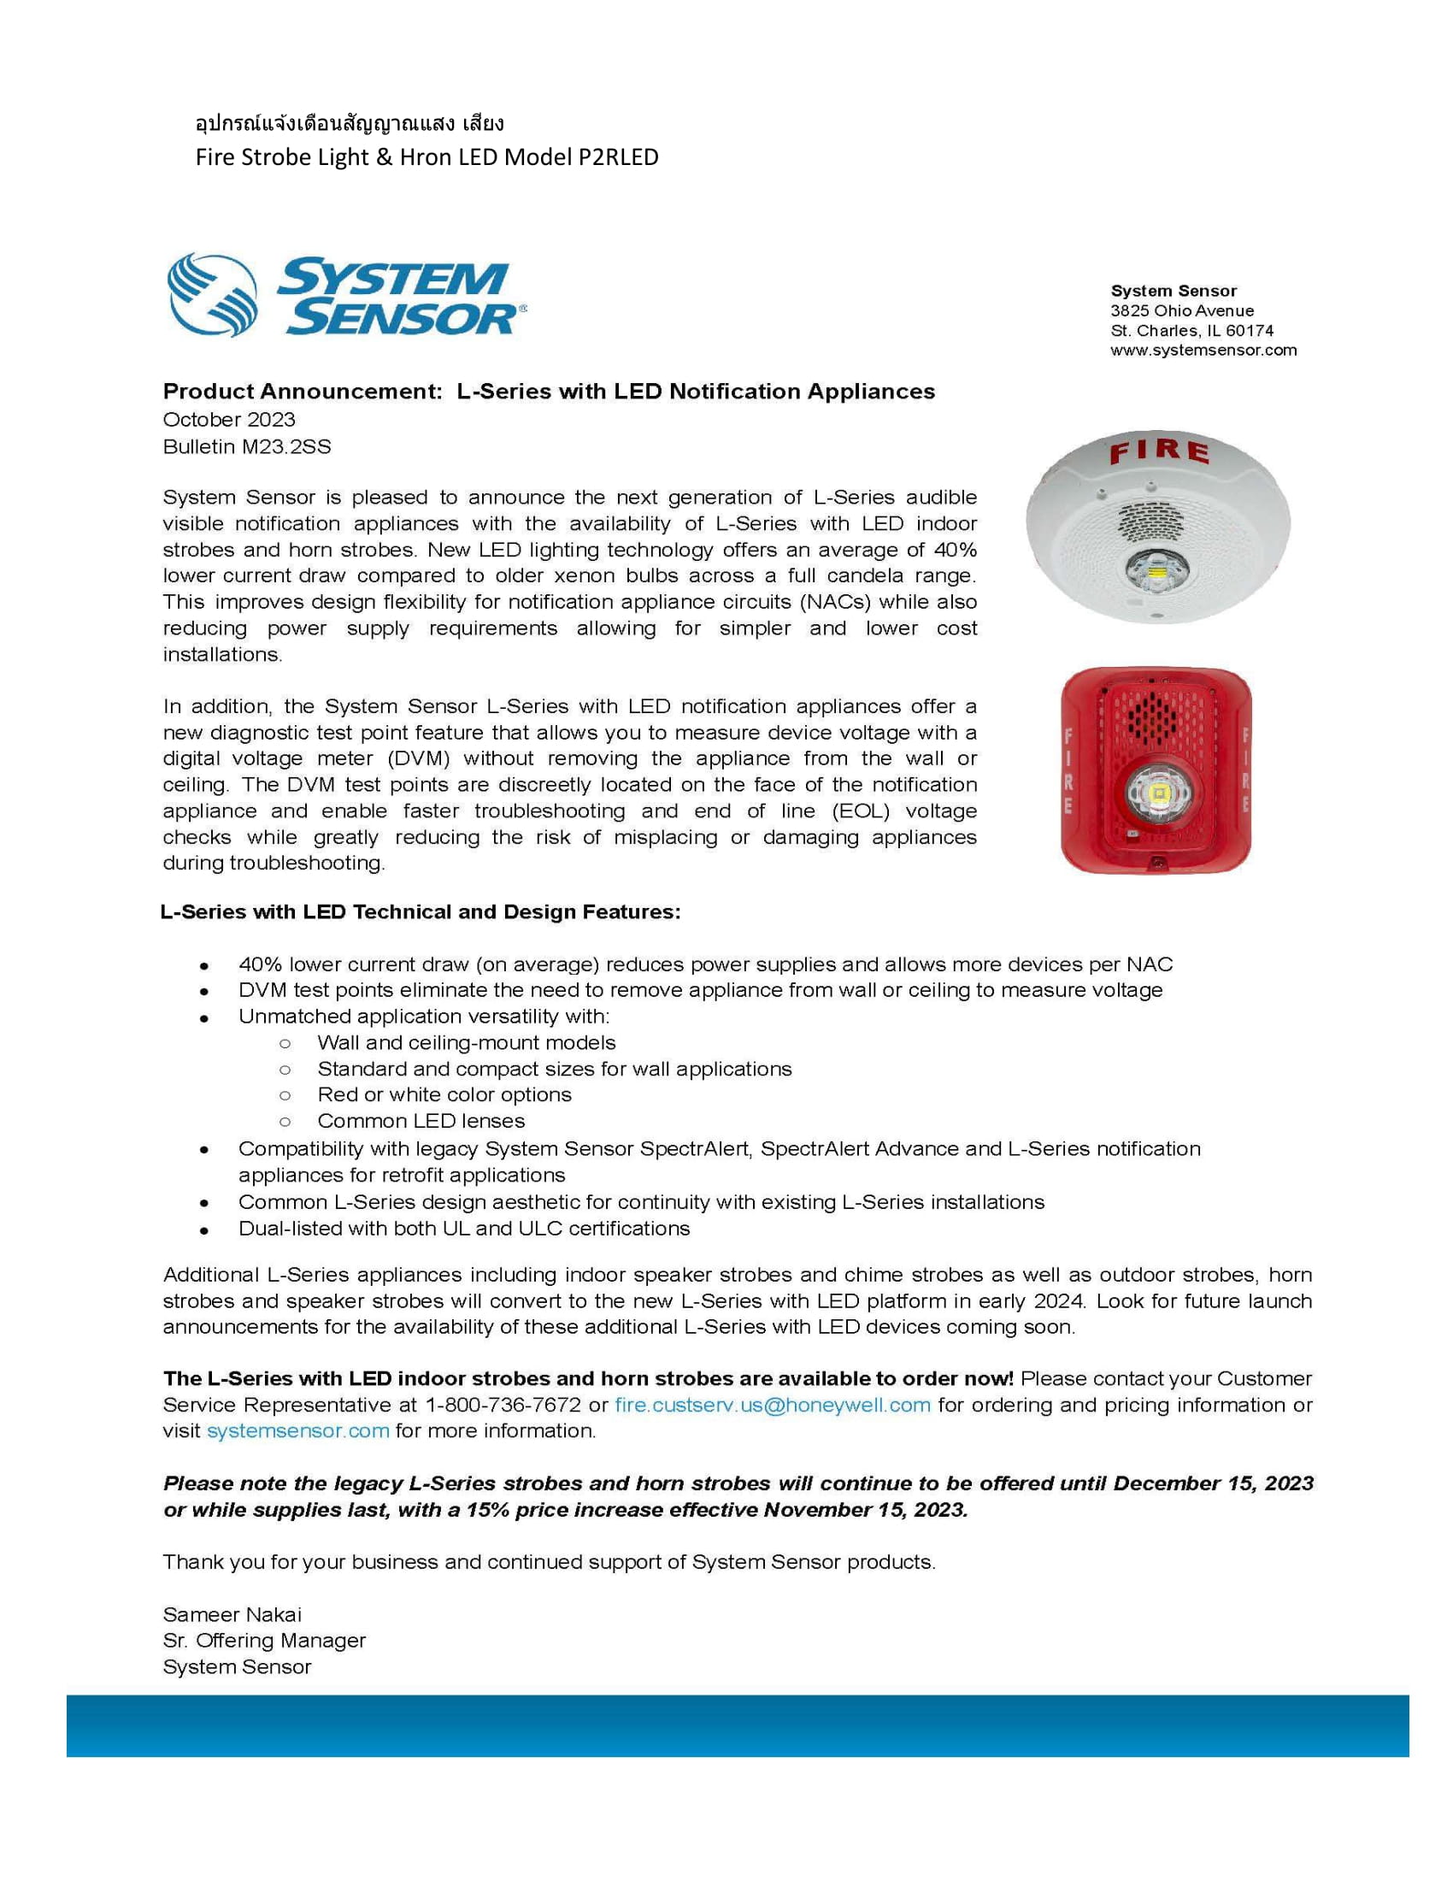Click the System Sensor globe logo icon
pos(213,295)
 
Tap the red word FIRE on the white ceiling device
pos(1159,451)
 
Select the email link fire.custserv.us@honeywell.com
pos(772,1405)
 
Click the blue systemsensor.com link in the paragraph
pos(297,1430)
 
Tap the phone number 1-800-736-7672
pos(503,1405)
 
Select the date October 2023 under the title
pos(229,420)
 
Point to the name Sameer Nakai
pos(232,1614)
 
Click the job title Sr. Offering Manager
pos(264,1640)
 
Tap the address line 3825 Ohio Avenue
pos(1182,311)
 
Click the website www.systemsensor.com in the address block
pos(1203,351)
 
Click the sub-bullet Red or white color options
pos(444,1094)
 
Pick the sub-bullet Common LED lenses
pos(421,1121)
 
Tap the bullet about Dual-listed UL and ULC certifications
pos(464,1228)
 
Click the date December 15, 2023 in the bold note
pos(1213,1483)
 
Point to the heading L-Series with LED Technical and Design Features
pos(420,912)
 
